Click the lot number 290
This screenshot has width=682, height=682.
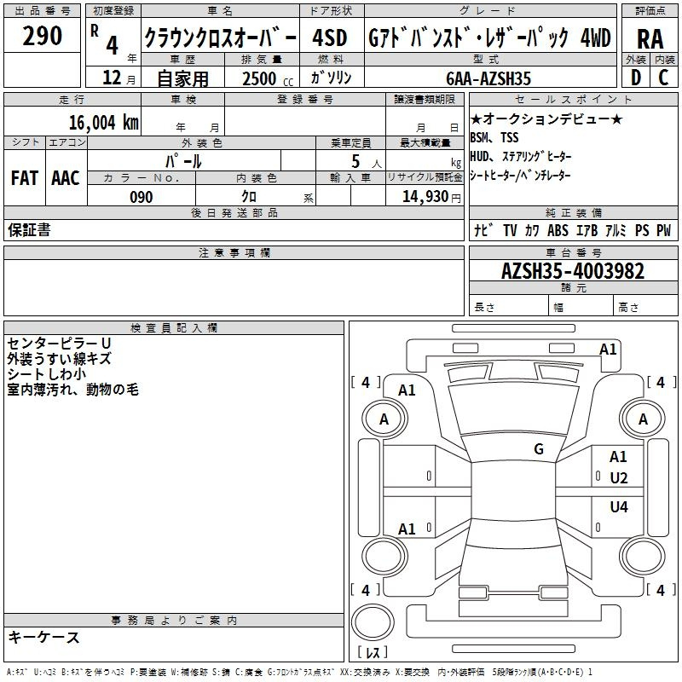pyautogui.click(x=42, y=36)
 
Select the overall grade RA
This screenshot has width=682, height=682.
pyautogui.click(x=650, y=38)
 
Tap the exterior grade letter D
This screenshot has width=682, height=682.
pyautogui.click(x=635, y=77)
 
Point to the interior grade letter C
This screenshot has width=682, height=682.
pyautogui.click(x=663, y=77)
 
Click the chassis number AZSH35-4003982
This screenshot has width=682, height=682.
pyautogui.click(x=573, y=272)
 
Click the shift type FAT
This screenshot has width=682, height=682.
pyautogui.click(x=25, y=178)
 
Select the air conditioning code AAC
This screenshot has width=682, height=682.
pyautogui.click(x=66, y=178)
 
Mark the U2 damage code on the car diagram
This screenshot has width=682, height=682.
pyautogui.click(x=619, y=477)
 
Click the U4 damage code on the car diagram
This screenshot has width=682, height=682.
pyautogui.click(x=619, y=507)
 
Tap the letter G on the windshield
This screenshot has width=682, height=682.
pyautogui.click(x=539, y=449)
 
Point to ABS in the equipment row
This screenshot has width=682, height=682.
pyautogui.click(x=558, y=230)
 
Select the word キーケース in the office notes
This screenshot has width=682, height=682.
pyautogui.click(x=43, y=637)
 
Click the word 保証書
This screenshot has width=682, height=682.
pyautogui.click(x=29, y=229)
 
